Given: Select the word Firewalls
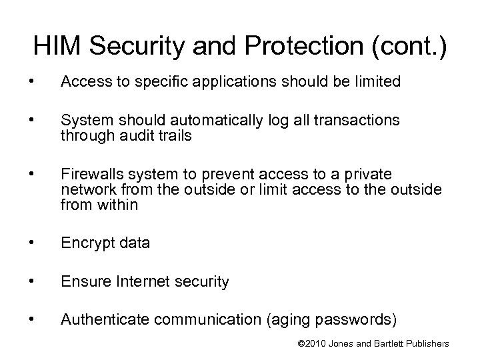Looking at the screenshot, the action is click(91, 175).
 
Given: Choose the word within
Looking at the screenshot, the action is click(115, 205).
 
